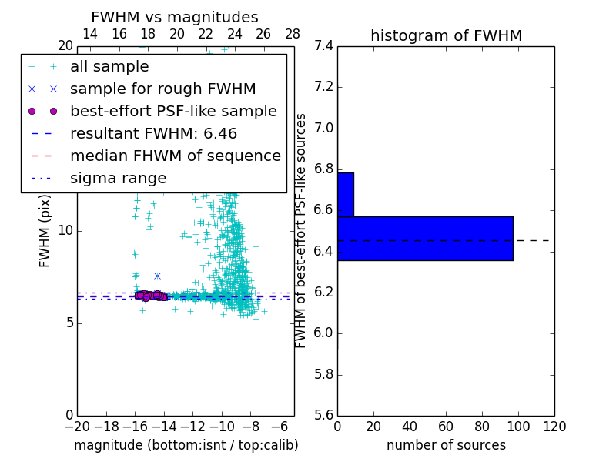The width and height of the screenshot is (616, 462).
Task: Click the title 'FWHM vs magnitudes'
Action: pyautogui.click(x=175, y=17)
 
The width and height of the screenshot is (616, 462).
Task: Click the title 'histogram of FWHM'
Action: pyautogui.click(x=446, y=35)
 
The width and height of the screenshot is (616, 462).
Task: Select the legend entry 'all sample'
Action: pyautogui.click(x=109, y=67)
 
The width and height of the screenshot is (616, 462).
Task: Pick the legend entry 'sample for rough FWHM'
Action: pyautogui.click(x=162, y=89)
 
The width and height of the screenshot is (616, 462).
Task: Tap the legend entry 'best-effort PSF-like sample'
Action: pyautogui.click(x=173, y=112)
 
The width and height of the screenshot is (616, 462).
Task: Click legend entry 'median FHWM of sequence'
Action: pyautogui.click(x=175, y=156)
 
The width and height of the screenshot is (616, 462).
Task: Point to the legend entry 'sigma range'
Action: pyautogui.click(x=118, y=179)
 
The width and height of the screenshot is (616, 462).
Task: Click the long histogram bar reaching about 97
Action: pyautogui.click(x=425, y=239)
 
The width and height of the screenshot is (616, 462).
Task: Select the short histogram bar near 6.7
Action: pyautogui.click(x=346, y=195)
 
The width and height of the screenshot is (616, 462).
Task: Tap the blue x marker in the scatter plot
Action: pyautogui.click(x=157, y=276)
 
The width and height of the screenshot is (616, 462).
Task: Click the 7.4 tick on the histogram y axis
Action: pyautogui.click(x=323, y=46)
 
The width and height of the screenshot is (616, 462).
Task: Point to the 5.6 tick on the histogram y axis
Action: pyautogui.click(x=323, y=416)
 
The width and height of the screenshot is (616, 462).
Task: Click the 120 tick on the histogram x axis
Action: pyautogui.click(x=554, y=427)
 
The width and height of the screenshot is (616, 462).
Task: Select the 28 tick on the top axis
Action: pyautogui.click(x=293, y=34)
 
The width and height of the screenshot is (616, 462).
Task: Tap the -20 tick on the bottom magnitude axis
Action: pyautogui.click(x=77, y=427)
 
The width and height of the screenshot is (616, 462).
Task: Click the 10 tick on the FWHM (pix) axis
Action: pyautogui.click(x=65, y=230)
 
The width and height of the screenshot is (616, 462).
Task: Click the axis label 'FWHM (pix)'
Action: pyautogui.click(x=45, y=230)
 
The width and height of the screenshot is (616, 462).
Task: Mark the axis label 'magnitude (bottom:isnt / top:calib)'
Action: pyautogui.click(x=186, y=445)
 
